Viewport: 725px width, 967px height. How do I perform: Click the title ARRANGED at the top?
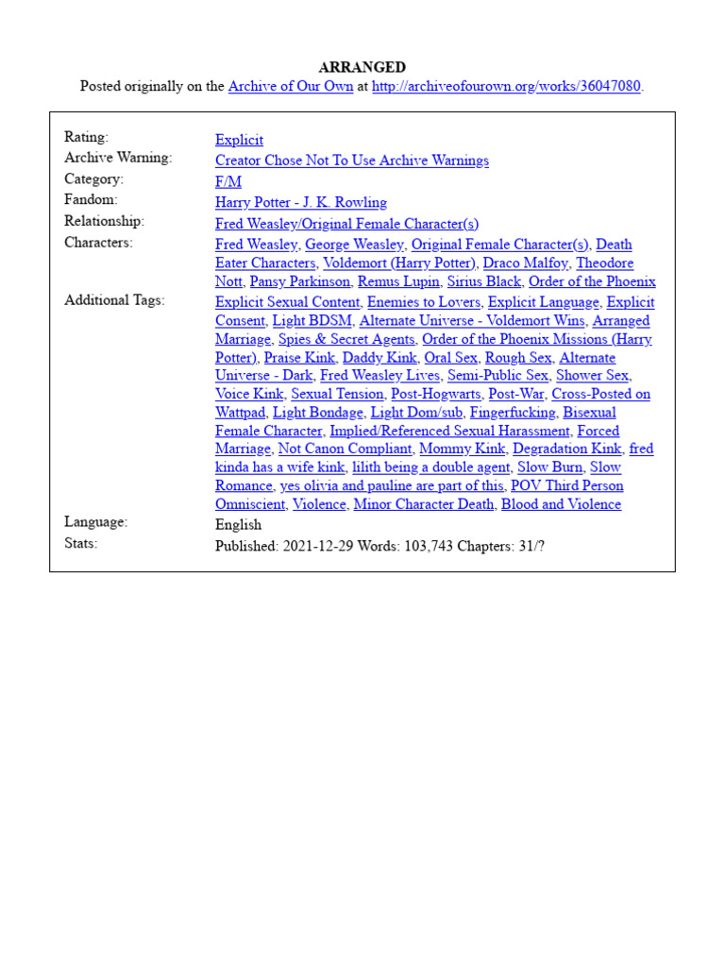tap(362, 67)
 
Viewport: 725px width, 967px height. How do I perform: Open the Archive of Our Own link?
tap(291, 86)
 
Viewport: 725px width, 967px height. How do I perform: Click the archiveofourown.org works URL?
tap(506, 86)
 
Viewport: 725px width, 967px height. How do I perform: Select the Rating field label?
tap(86, 137)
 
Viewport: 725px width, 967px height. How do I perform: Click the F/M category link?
tap(228, 181)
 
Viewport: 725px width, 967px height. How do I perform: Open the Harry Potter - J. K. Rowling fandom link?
tap(300, 202)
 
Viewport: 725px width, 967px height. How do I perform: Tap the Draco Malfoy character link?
tap(526, 263)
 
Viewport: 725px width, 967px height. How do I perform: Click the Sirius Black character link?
tap(484, 281)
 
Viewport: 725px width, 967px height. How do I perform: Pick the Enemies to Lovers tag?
tap(424, 302)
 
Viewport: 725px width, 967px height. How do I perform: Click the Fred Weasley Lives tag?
tap(380, 376)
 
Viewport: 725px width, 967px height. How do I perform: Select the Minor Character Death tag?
tap(424, 504)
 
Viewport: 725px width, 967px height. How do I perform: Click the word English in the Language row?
tap(238, 525)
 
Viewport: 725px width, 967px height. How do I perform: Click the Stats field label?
tap(80, 543)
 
